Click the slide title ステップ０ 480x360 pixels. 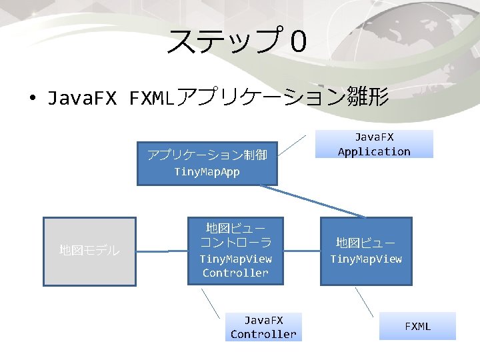pos(237,41)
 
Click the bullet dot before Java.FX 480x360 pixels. pos(31,100)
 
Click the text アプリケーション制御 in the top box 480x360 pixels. pos(207,155)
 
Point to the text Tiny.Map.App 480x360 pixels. pos(207,172)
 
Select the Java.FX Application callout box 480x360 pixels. pos(374,144)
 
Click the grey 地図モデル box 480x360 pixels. pos(89,251)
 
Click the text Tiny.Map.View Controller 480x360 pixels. pos(236,265)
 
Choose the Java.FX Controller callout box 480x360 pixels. pos(263,327)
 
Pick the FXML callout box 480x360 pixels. pos(418,326)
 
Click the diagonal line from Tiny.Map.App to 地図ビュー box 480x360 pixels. pos(313,201)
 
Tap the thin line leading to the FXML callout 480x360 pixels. pos(364,301)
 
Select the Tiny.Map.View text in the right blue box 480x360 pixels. pos(366,259)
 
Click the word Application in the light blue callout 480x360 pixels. pos(374,151)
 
